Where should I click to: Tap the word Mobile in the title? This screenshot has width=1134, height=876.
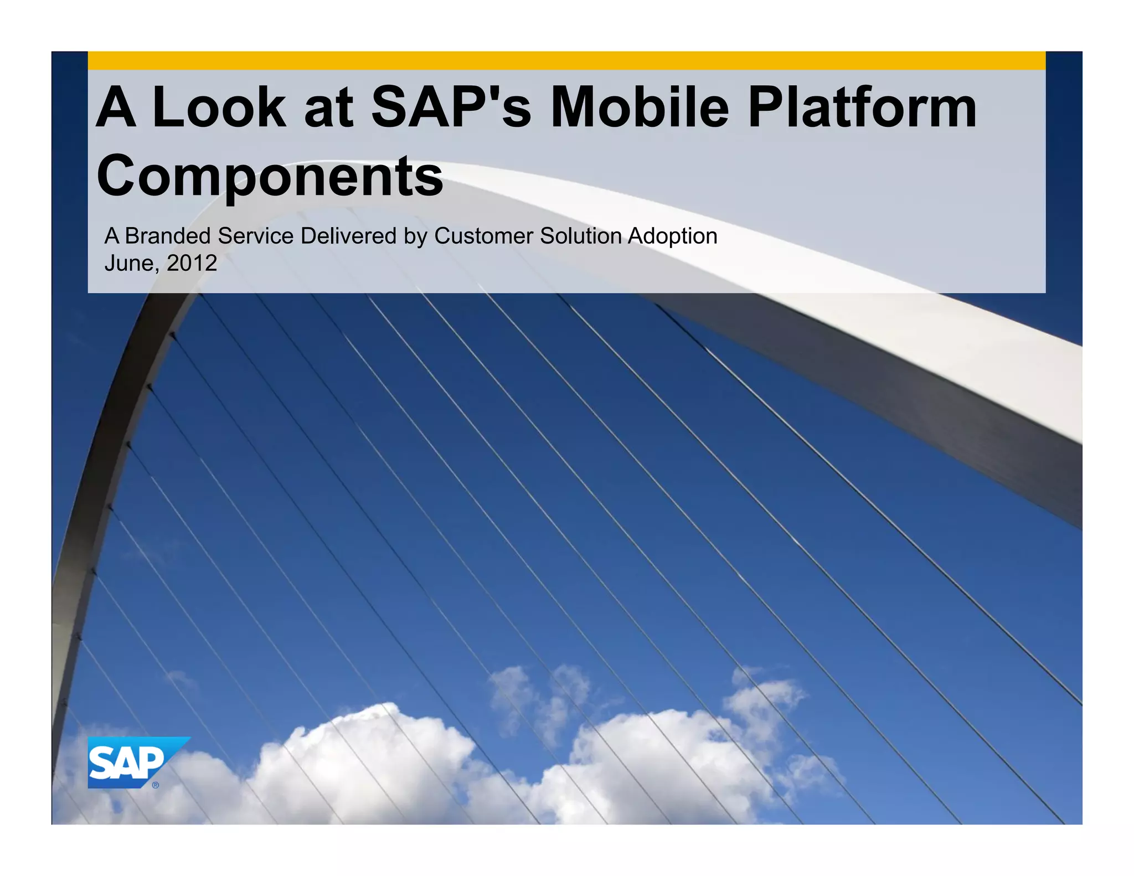(640, 107)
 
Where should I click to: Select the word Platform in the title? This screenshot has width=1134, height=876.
(862, 107)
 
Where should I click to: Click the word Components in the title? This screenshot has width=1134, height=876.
(270, 176)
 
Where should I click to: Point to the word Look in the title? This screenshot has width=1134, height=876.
(219, 107)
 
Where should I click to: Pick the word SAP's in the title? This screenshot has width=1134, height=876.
(451, 107)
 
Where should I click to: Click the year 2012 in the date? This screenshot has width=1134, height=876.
(192, 263)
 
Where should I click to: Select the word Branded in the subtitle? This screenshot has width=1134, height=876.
(168, 236)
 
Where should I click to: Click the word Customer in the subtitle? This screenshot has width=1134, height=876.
(483, 236)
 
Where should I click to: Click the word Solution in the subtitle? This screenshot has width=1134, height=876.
(581, 236)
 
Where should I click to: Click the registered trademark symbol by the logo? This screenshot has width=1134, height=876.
(156, 785)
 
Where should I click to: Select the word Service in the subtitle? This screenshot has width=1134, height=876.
(255, 236)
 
